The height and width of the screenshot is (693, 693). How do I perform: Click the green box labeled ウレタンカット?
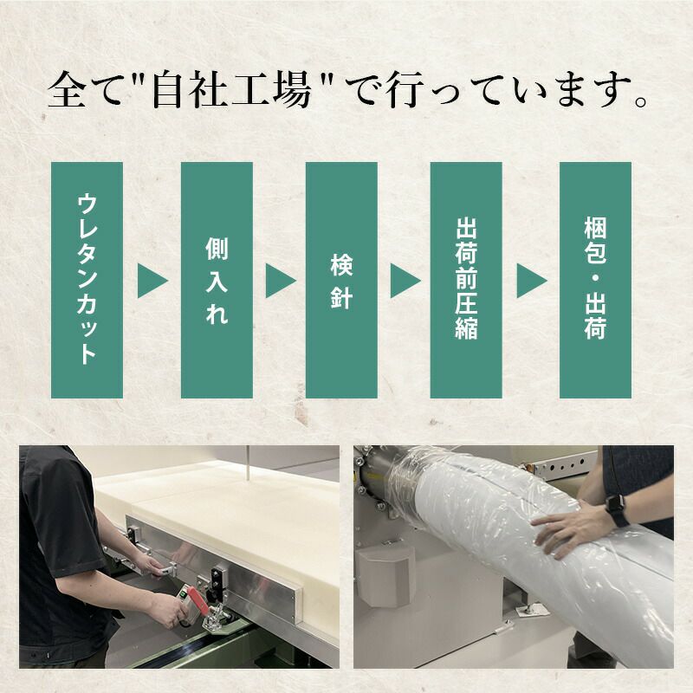click(87, 280)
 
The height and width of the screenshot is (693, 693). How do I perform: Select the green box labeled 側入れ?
click(217, 280)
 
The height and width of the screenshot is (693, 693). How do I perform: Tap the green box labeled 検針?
click(341, 280)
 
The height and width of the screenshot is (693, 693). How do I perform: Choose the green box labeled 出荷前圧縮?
click(466, 280)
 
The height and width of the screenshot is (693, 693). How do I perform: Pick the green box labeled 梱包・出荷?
click(594, 280)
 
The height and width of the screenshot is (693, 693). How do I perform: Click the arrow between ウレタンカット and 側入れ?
click(152, 281)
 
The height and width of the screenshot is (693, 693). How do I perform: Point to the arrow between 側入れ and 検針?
click(279, 281)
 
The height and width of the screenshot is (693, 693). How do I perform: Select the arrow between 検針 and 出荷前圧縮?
click(405, 281)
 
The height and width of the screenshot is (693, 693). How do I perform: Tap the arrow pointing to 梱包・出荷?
click(531, 281)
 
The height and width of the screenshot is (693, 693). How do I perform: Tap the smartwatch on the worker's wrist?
click(616, 513)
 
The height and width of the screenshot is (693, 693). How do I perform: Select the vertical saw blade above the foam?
click(246, 463)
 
